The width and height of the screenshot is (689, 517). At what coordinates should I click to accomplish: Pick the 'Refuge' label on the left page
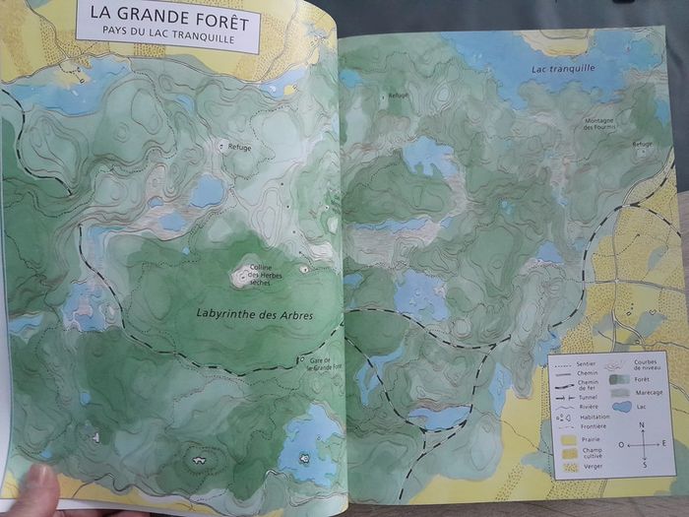point(239,147)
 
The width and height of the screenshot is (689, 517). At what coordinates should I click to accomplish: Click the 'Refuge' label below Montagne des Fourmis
point(642,145)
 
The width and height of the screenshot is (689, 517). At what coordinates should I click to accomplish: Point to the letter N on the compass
point(642,425)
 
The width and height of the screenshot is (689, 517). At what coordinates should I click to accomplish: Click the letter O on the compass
point(621,444)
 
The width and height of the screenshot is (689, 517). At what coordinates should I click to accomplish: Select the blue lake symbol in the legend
point(622,406)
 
